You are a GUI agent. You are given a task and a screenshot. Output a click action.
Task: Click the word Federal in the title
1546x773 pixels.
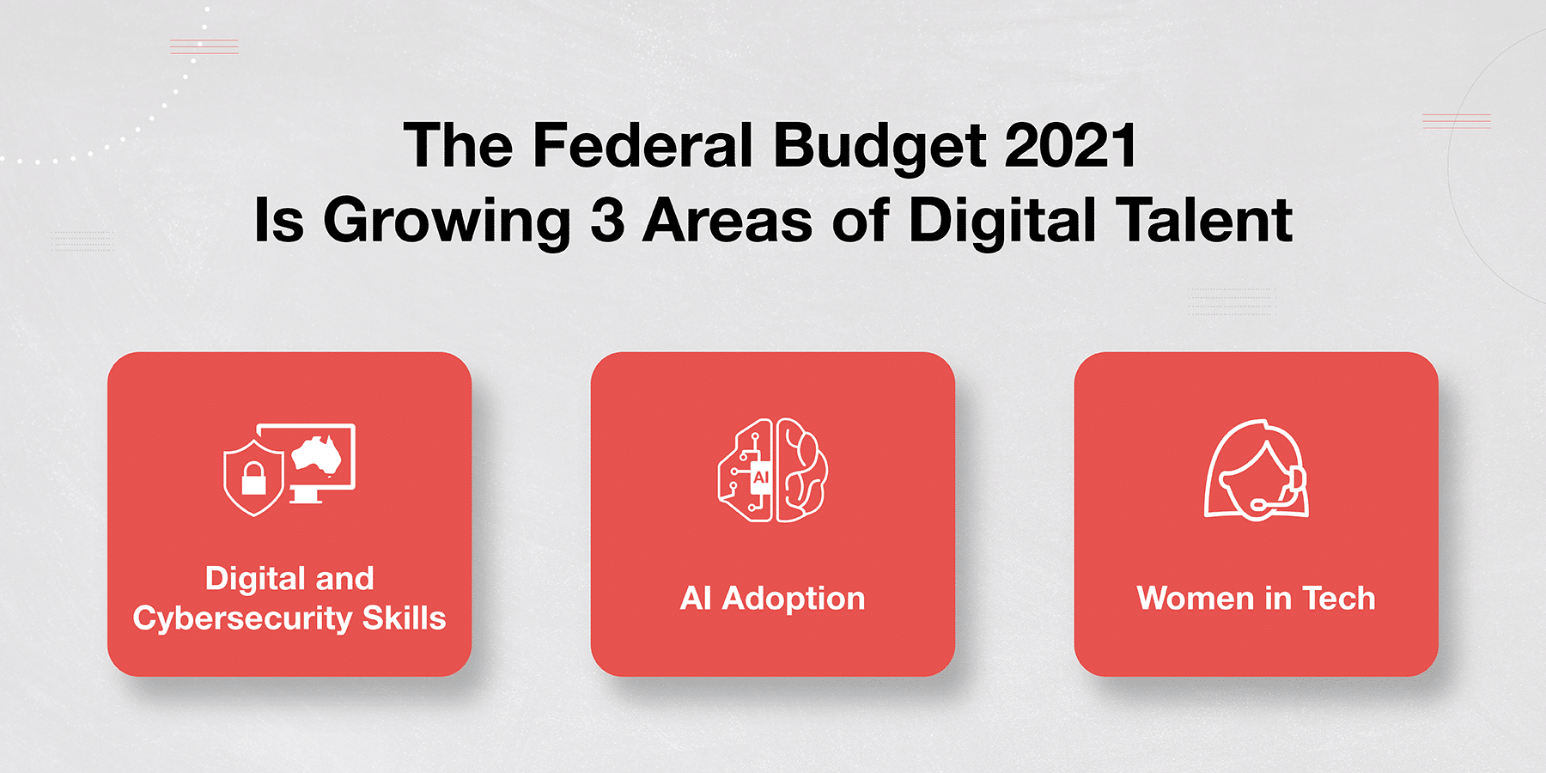[x=642, y=145]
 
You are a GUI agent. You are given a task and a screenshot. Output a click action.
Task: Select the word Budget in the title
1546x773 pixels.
[x=879, y=149]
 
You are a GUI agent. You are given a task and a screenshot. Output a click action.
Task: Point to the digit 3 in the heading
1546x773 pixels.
[x=607, y=221]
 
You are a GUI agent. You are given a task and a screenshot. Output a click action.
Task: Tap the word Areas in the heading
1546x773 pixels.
[x=727, y=221]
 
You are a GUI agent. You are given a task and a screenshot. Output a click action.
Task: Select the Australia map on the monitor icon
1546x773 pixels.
[x=318, y=454]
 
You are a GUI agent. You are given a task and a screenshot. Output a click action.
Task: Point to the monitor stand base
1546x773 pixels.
[x=306, y=500]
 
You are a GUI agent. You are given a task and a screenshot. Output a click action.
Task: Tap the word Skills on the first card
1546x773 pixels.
[x=404, y=618]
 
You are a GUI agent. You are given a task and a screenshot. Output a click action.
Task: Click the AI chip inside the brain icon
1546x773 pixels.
[x=760, y=478]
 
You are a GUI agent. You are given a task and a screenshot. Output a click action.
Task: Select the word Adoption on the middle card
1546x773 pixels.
[x=794, y=600]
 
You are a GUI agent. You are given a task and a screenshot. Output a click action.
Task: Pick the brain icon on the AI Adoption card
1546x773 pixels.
[x=773, y=471]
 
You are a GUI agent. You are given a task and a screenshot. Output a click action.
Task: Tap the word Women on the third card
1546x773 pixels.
[x=1196, y=599]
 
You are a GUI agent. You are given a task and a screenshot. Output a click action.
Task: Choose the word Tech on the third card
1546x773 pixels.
[x=1339, y=599]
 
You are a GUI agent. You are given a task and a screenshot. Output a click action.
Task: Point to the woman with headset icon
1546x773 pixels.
[x=1256, y=470]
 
